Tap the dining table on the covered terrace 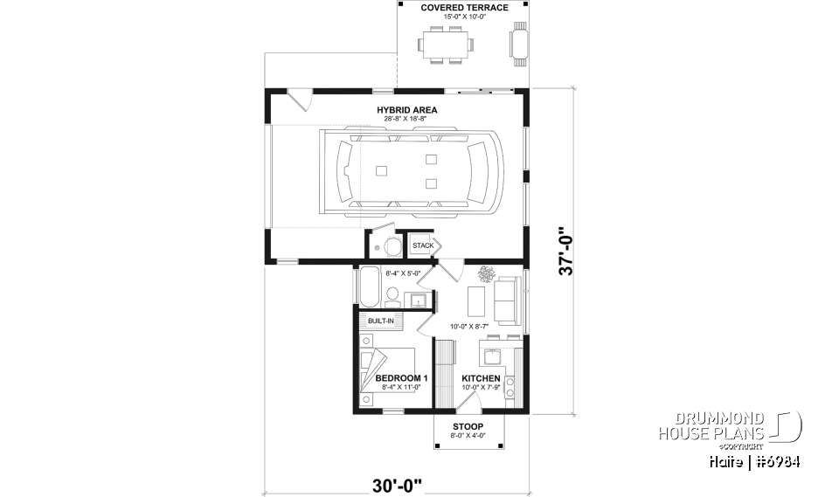(445, 43)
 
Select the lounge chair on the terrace (519, 43)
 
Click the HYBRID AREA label (407, 110)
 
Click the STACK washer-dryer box (423, 245)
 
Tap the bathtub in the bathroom (368, 286)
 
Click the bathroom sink (419, 301)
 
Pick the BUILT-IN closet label (380, 321)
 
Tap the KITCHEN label (482, 378)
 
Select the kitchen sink (489, 356)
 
